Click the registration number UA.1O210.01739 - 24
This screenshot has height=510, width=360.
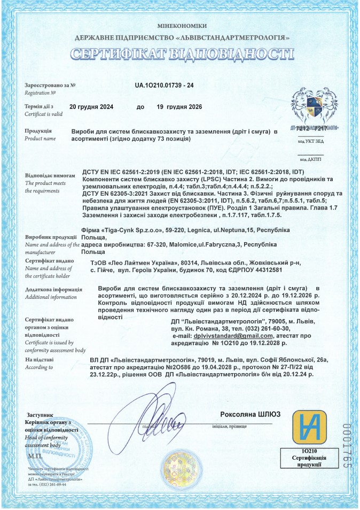[x=164, y=85]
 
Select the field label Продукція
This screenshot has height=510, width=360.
[x=38, y=130]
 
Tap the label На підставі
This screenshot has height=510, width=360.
[x=40, y=360]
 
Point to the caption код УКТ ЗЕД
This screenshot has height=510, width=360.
[x=310, y=141]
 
